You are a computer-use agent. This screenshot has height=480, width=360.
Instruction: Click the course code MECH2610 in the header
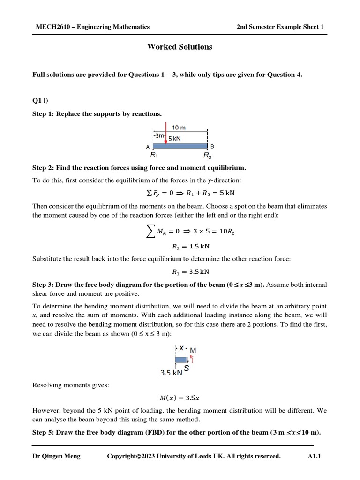[52, 27]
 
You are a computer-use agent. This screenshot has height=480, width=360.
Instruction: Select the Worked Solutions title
[180, 47]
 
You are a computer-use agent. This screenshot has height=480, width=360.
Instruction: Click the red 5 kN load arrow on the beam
[166, 134]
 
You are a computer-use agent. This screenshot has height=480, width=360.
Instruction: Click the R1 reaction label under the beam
[154, 154]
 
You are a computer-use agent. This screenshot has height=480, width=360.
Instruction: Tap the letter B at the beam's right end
[212, 146]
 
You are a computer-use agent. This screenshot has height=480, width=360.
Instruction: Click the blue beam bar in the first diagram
[180, 146]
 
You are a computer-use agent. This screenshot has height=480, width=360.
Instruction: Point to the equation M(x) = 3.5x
[180, 398]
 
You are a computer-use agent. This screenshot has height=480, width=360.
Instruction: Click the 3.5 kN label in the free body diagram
[171, 373]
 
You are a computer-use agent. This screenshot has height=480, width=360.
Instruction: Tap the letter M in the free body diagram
[193, 350]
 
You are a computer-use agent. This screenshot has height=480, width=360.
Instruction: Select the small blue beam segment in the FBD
[180, 360]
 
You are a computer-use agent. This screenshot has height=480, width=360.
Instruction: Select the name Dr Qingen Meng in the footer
[56, 456]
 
